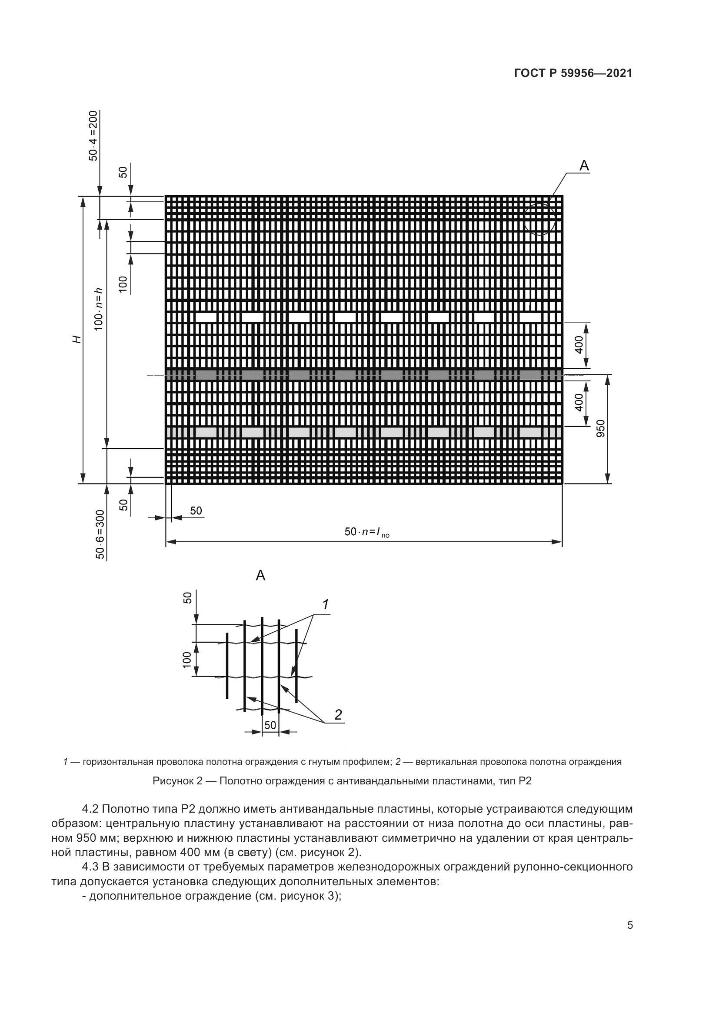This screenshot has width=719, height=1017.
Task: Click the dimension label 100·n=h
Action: (x=99, y=309)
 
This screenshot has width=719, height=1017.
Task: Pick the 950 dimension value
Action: (x=600, y=429)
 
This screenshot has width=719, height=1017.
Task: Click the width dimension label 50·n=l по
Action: (x=366, y=531)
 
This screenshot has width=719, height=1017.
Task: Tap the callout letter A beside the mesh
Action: (x=584, y=166)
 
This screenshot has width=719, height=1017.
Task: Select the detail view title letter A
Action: (x=261, y=575)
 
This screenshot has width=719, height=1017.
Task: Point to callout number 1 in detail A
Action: (x=326, y=605)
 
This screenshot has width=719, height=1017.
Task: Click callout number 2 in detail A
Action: (x=338, y=714)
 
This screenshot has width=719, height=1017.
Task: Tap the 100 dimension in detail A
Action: (x=186, y=660)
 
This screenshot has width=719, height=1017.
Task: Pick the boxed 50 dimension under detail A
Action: (x=270, y=725)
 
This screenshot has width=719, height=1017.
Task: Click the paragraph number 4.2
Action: (x=91, y=809)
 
